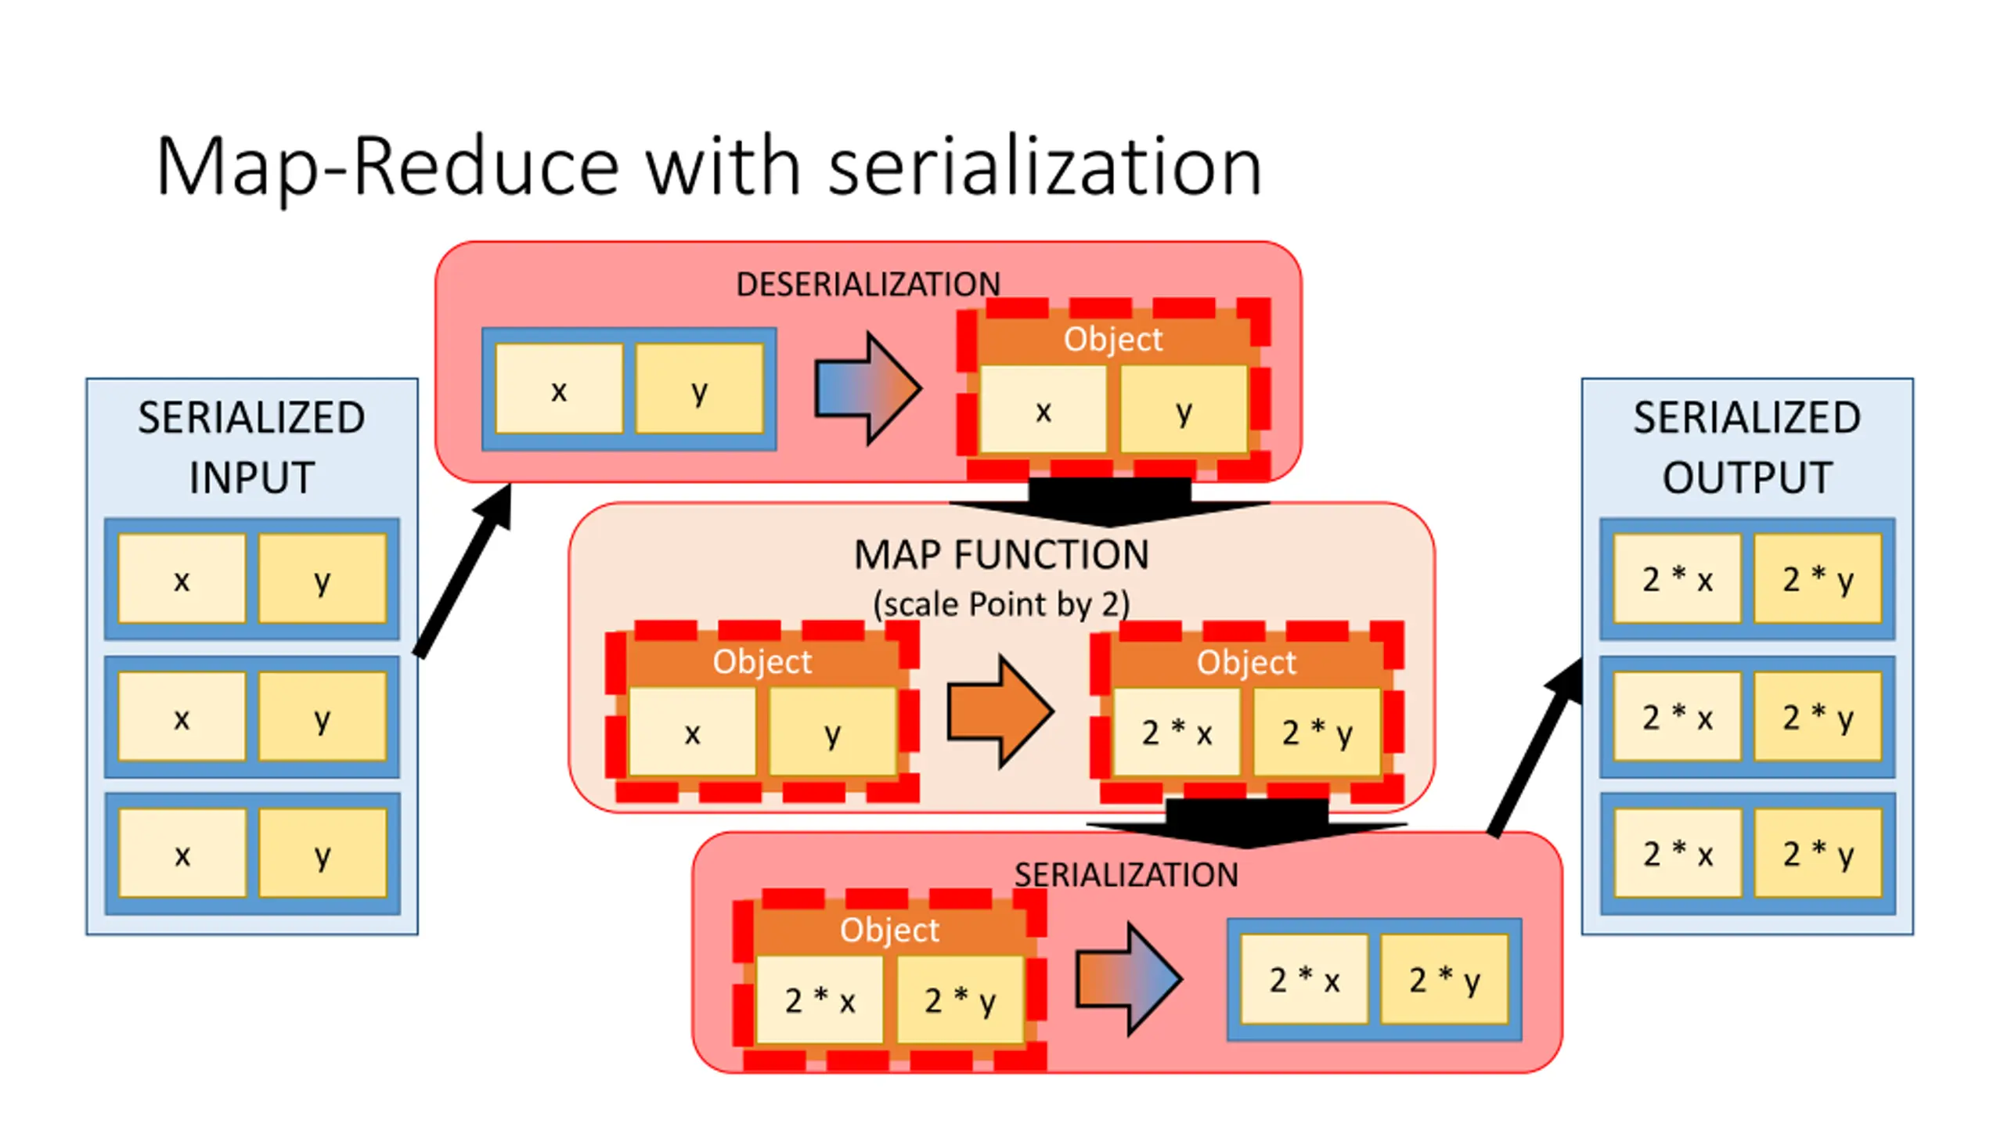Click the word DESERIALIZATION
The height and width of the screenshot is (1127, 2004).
(x=867, y=284)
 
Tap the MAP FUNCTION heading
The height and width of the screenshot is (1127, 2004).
(x=1001, y=555)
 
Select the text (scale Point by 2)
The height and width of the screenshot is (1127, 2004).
(x=1001, y=604)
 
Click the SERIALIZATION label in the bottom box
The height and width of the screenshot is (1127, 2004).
(x=1126, y=875)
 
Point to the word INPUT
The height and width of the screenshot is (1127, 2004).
(x=252, y=477)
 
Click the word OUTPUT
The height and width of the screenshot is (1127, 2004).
(x=1747, y=477)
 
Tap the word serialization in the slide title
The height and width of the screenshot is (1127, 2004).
(x=1045, y=166)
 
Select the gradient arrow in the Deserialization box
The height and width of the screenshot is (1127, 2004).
(x=868, y=388)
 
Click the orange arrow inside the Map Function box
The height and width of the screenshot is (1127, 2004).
(x=1000, y=711)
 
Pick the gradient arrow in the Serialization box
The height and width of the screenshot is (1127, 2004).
(x=1129, y=979)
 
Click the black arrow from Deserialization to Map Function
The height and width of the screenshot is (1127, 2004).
(x=1109, y=502)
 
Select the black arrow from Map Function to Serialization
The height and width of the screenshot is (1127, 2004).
(x=1246, y=823)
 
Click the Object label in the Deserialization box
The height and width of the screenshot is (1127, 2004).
(x=1113, y=340)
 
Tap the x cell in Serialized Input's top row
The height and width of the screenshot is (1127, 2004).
(x=182, y=579)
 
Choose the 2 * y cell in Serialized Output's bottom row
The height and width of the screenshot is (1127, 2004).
(x=1818, y=853)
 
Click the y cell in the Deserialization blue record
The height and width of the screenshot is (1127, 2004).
(x=699, y=389)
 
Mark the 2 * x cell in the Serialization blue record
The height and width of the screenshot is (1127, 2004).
(x=1304, y=979)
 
